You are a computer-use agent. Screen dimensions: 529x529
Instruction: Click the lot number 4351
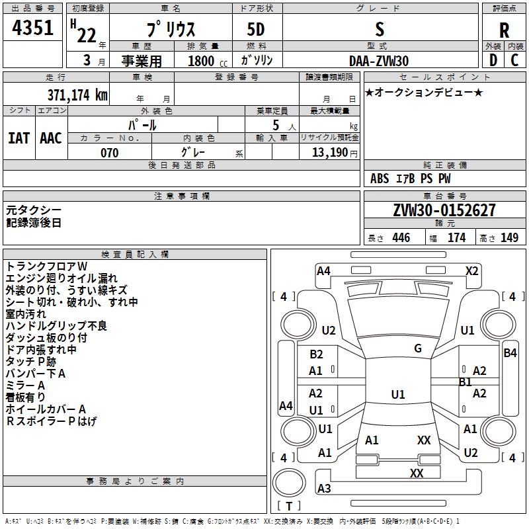pyautogui.click(x=32, y=28)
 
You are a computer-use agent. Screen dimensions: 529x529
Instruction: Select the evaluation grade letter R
pyautogui.click(x=504, y=30)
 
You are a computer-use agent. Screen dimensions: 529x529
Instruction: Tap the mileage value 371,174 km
pyautogui.click(x=77, y=95)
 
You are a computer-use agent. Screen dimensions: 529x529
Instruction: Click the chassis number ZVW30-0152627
pyautogui.click(x=444, y=210)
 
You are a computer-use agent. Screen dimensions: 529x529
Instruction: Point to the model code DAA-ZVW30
pyautogui.click(x=379, y=61)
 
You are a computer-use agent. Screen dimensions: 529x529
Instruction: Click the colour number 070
pyautogui.click(x=110, y=153)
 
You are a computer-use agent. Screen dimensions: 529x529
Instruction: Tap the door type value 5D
pyautogui.click(x=256, y=30)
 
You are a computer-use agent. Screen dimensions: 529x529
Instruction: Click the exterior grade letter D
pyautogui.click(x=493, y=60)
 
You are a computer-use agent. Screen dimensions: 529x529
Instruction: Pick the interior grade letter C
pyautogui.click(x=514, y=60)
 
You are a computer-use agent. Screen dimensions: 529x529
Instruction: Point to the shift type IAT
pyautogui.click(x=19, y=138)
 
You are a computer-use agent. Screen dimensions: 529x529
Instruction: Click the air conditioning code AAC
pyautogui.click(x=51, y=138)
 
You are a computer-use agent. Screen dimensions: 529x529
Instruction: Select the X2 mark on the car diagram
pyautogui.click(x=471, y=271)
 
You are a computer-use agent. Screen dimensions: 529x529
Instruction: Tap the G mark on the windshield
pyautogui.click(x=418, y=348)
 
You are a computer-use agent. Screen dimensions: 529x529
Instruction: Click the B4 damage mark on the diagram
pyautogui.click(x=510, y=353)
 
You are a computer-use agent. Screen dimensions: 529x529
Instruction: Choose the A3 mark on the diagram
pyautogui.click(x=324, y=488)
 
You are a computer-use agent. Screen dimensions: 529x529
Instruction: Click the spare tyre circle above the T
pyautogui.click(x=289, y=483)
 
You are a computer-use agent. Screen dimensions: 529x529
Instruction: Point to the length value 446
pyautogui.click(x=401, y=237)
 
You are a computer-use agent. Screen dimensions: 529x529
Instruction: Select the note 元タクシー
pyautogui.click(x=34, y=210)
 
